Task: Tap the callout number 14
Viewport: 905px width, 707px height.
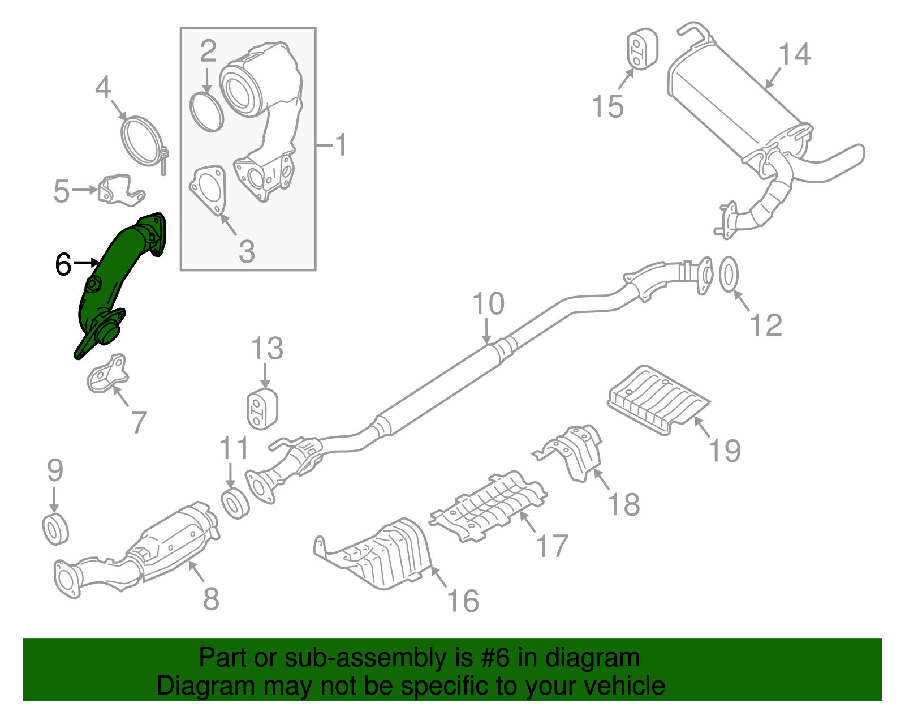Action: pos(794,55)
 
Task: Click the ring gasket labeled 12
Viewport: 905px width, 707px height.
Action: pos(729,275)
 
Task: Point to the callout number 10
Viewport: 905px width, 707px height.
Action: pos(488,304)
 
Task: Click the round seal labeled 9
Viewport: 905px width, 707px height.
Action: pos(55,529)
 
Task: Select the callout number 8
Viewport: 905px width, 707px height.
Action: pos(211,598)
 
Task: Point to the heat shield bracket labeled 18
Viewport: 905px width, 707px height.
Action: pos(577,453)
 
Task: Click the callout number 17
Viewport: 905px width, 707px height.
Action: pos(551,546)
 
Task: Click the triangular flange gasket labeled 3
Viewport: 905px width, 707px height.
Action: pos(207,190)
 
